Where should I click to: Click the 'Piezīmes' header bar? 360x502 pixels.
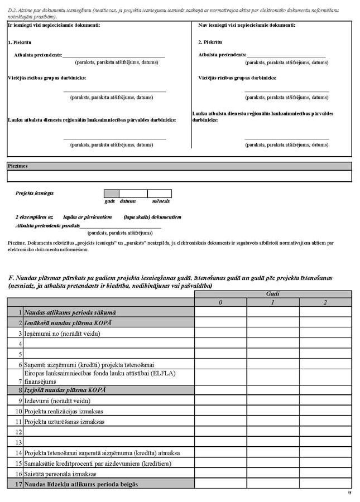[x=179, y=166]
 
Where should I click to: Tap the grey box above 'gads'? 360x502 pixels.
[x=112, y=194]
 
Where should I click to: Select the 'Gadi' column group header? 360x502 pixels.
[x=273, y=293]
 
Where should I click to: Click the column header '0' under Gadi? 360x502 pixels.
[x=220, y=302]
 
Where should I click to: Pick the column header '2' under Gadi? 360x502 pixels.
[x=325, y=302]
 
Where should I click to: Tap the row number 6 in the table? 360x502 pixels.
[x=20, y=364]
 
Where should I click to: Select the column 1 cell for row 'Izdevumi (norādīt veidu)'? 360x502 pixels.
[x=273, y=400]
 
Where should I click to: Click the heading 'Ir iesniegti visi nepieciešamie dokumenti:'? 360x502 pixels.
[x=54, y=26]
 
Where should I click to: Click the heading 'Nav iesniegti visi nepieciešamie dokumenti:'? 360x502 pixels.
[x=247, y=26]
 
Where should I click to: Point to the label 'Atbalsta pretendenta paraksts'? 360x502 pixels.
[x=47, y=226]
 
